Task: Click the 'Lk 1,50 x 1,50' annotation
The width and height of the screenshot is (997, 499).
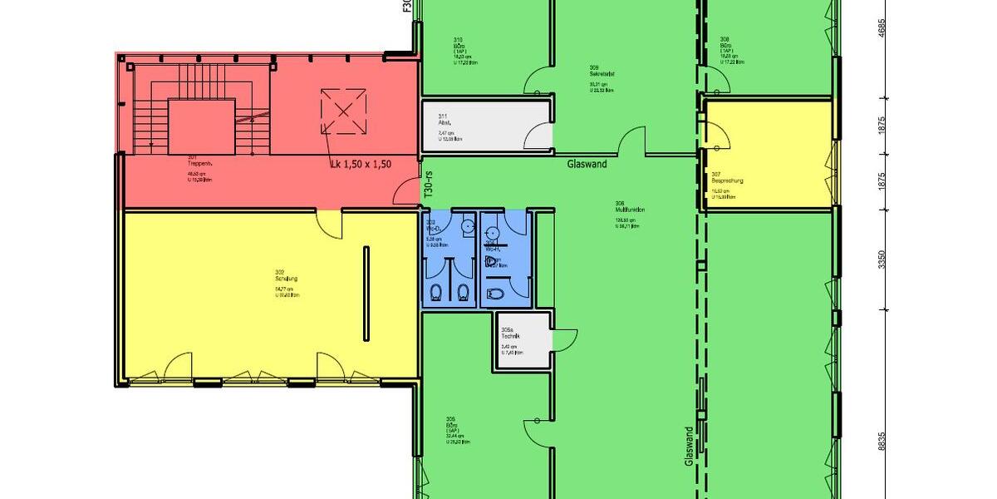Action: [360, 164]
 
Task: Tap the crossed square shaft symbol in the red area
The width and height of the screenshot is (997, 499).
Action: [343, 111]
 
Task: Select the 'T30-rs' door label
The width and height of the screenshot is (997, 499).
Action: [429, 183]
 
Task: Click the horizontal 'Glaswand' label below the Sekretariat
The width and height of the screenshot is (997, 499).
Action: [587, 164]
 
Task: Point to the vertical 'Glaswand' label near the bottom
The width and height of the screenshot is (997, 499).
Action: [689, 446]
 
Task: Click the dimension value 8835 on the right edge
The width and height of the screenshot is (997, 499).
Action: [882, 442]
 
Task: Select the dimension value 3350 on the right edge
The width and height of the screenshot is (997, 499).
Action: [882, 259]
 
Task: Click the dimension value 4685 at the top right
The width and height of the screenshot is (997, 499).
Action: [882, 28]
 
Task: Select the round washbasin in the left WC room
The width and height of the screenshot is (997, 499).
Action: [468, 225]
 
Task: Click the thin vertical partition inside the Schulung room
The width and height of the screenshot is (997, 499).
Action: [366, 292]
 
